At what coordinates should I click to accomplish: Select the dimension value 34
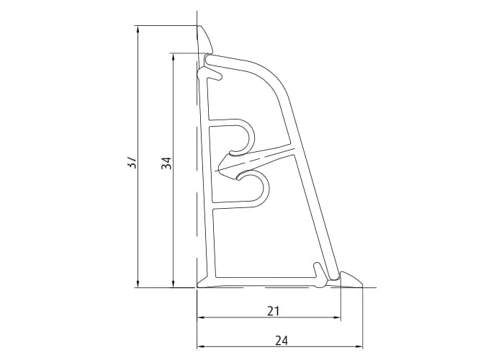pos(166,163)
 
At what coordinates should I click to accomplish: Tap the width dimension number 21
pos(273,311)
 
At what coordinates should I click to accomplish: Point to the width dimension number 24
pos(281,339)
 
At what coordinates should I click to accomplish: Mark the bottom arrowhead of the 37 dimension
pos(137,282)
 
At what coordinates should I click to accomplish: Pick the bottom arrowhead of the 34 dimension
pos(173,282)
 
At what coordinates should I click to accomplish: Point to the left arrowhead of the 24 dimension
pos(202,346)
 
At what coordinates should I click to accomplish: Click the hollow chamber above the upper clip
pos(245,94)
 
